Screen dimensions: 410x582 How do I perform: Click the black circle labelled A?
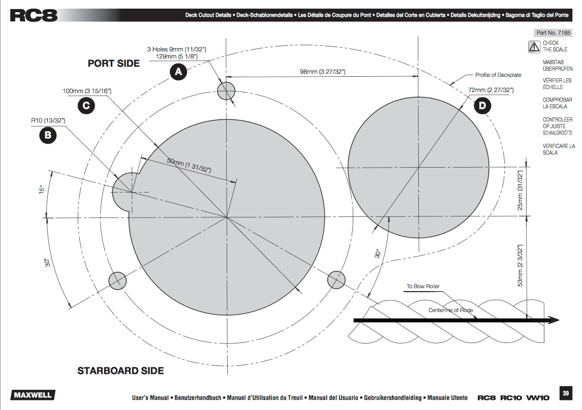178,73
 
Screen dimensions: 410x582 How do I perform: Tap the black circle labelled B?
48,135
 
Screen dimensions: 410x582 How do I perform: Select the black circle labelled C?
85,105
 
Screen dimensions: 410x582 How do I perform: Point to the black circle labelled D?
482,106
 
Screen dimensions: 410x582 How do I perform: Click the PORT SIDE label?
113,64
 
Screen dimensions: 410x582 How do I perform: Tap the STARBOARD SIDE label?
120,371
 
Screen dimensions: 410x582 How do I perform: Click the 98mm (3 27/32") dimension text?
323,72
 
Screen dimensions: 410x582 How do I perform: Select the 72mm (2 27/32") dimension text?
491,90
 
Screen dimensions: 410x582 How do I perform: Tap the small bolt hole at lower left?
117,280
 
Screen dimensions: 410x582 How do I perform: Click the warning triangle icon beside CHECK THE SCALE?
534,47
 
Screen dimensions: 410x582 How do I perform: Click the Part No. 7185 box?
554,33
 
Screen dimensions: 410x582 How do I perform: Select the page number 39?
566,393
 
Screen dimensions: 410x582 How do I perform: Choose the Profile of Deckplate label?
498,75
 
